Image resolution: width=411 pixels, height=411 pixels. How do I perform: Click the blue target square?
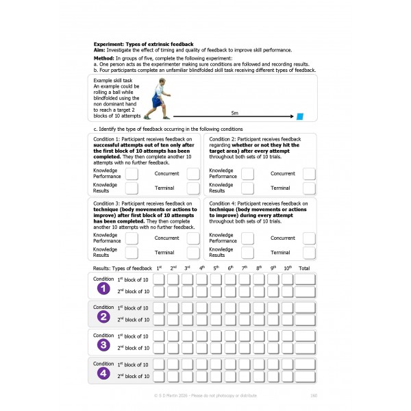click(x=299, y=117)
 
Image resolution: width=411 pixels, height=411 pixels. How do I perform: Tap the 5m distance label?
click(x=235, y=112)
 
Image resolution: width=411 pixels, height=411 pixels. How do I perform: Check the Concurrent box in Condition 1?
click(x=193, y=173)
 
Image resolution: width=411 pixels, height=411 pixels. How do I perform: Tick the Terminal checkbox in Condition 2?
click(x=309, y=188)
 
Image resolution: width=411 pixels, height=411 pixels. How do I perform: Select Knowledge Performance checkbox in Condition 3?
click(x=132, y=238)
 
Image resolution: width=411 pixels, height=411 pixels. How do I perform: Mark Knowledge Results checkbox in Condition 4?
click(x=247, y=253)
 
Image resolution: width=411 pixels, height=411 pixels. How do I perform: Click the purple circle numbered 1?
click(x=104, y=288)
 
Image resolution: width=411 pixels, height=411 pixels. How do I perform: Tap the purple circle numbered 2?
click(x=104, y=316)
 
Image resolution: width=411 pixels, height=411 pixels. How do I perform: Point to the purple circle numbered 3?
click(x=104, y=345)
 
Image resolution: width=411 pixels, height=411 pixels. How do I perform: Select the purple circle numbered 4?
click(x=104, y=373)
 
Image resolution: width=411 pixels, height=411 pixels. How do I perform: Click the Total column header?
click(x=304, y=268)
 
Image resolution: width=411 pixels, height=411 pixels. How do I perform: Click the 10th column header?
click(x=288, y=268)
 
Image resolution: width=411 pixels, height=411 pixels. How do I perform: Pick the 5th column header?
click(x=216, y=268)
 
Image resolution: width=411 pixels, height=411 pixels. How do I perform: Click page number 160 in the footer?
click(x=313, y=396)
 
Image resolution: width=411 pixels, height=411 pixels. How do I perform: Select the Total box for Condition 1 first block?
click(x=305, y=279)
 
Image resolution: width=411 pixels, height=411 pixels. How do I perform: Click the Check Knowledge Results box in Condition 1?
click(x=132, y=188)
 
